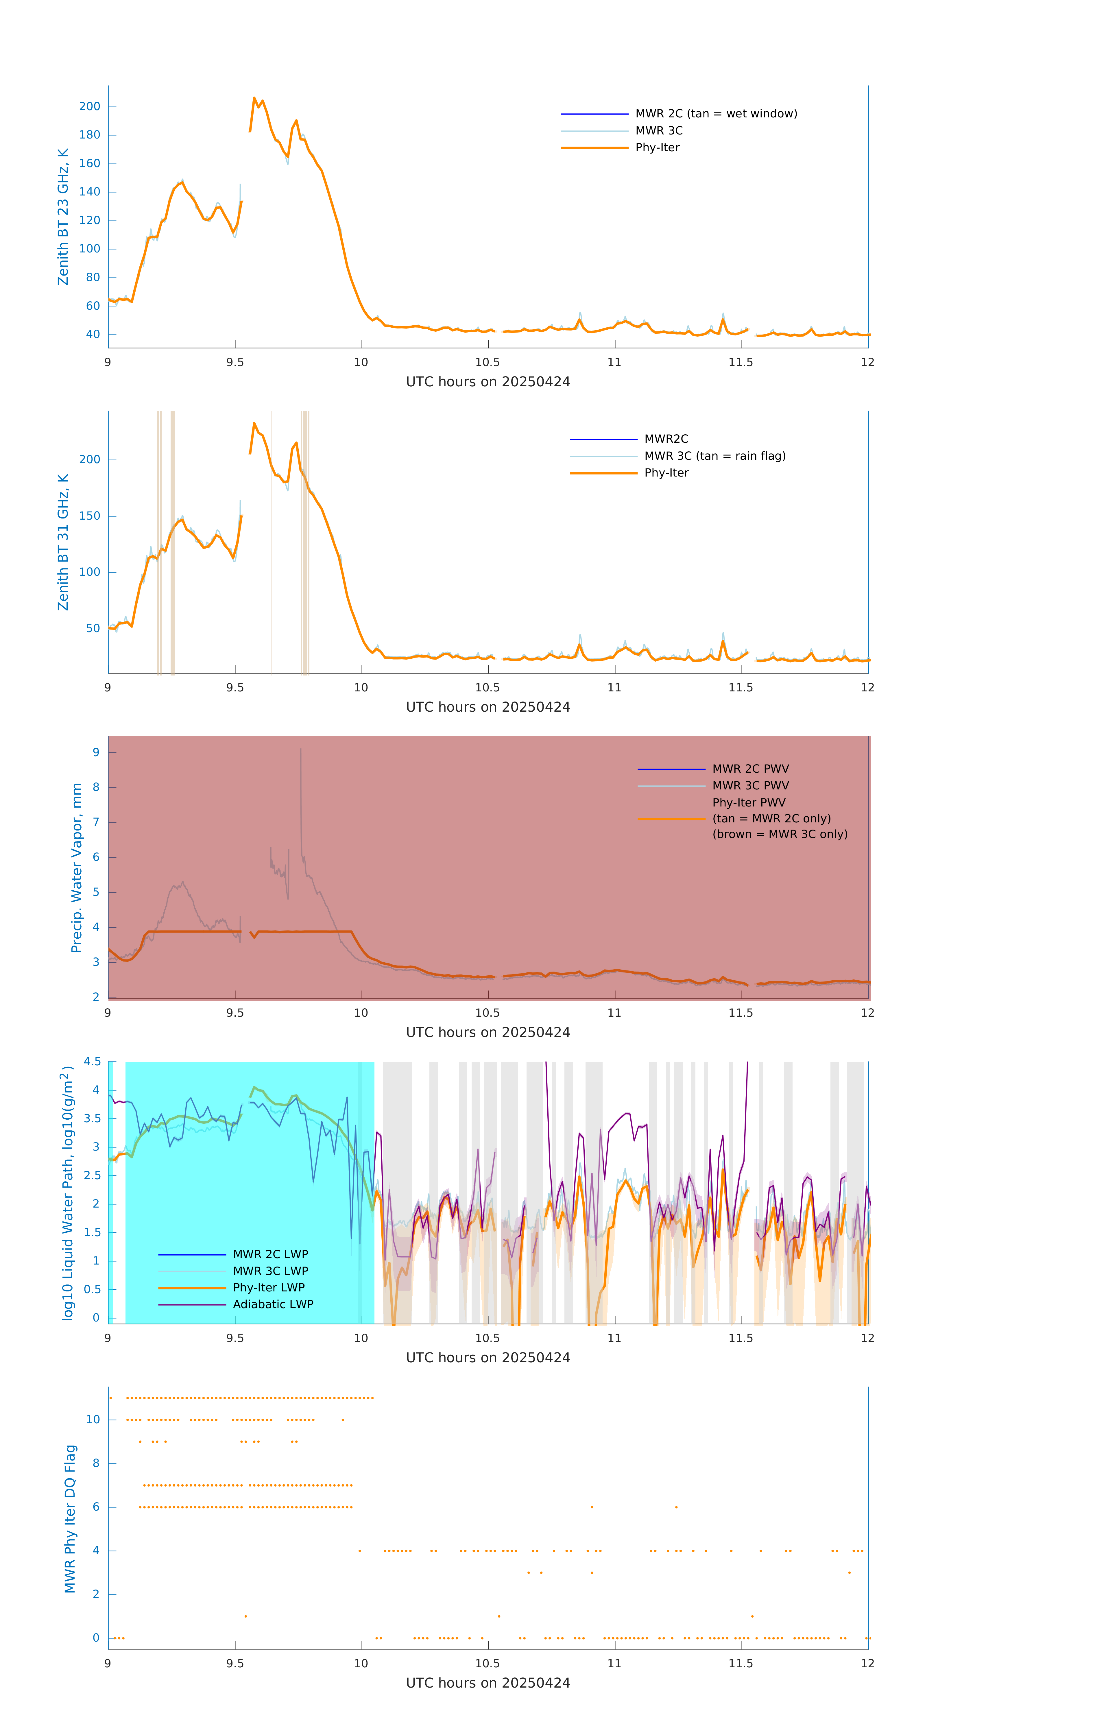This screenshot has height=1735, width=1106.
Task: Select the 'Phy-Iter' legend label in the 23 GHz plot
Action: tap(657, 148)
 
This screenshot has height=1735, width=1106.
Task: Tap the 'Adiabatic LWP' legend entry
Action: tap(273, 1304)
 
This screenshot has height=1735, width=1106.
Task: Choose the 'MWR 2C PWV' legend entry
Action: tap(750, 769)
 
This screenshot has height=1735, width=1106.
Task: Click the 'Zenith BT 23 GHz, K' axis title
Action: tap(63, 217)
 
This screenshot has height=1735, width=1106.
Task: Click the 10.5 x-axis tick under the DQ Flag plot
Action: tap(487, 1663)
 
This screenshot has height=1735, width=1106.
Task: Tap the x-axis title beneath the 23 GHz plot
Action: tap(488, 382)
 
